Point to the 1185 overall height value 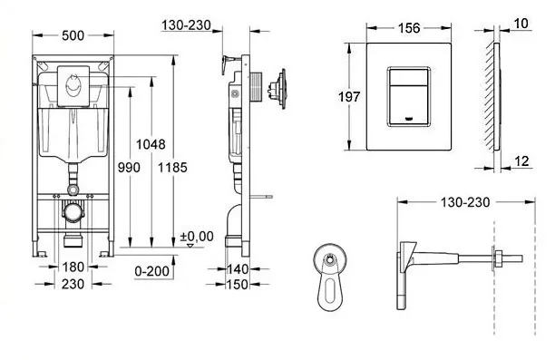[174, 166]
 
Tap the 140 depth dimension [237, 269]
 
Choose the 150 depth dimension [237, 285]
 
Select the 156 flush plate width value [408, 28]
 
